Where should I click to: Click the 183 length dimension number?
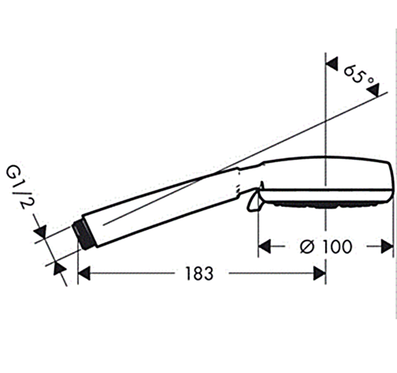point(200,274)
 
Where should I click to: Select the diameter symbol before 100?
point(308,247)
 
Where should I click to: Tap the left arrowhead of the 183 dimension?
point(84,273)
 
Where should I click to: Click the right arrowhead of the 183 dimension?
point(319,273)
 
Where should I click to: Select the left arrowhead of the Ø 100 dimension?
point(264,246)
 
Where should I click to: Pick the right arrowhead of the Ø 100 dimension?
point(387,246)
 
